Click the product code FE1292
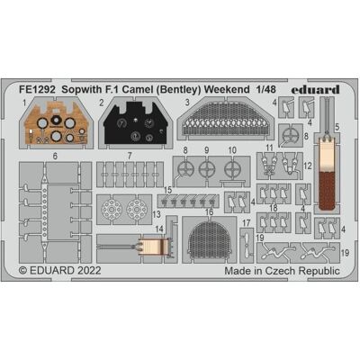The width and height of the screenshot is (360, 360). (x=37, y=89)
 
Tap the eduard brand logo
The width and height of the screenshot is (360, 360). (x=315, y=89)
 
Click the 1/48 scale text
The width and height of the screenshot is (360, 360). (x=265, y=89)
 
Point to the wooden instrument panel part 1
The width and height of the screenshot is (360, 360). (x=57, y=123)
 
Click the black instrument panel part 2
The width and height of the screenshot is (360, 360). (x=136, y=123)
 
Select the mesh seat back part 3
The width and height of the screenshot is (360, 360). (x=225, y=120)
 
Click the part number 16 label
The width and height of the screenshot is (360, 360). (x=209, y=212)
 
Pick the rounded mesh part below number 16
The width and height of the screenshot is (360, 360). (x=209, y=239)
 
